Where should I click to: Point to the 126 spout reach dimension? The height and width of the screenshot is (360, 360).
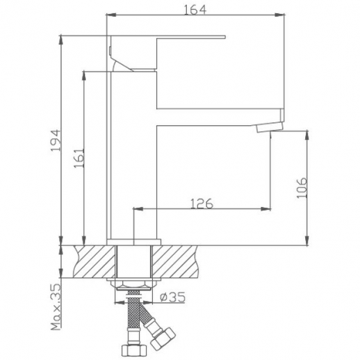point(201,203)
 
